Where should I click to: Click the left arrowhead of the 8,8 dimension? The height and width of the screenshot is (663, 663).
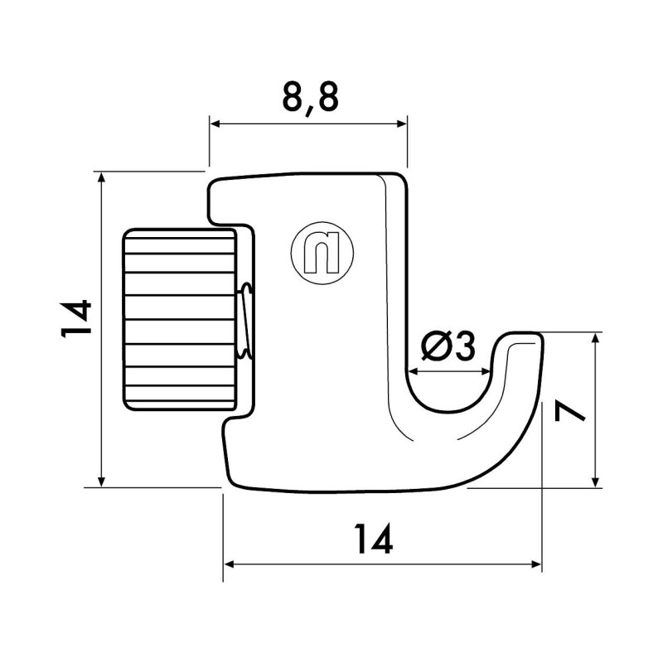click(x=214, y=123)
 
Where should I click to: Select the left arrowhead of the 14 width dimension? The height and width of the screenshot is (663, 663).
click(x=229, y=564)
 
